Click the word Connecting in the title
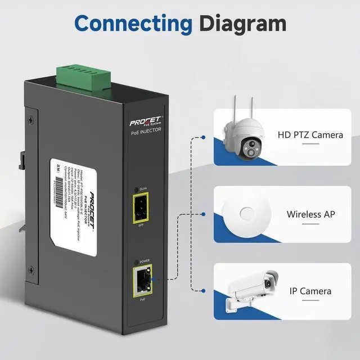pyautogui.click(x=133, y=23)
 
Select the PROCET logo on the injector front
pyautogui.click(x=146, y=120)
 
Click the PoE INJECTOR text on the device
pyautogui.click(x=146, y=130)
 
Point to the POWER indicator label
pyautogui.click(x=144, y=261)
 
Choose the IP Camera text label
pyautogui.click(x=310, y=291)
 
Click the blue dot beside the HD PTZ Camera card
pyautogui.click(x=203, y=137)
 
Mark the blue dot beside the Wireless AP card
pyautogui.click(x=203, y=214)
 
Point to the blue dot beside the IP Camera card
pyautogui.click(x=203, y=291)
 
